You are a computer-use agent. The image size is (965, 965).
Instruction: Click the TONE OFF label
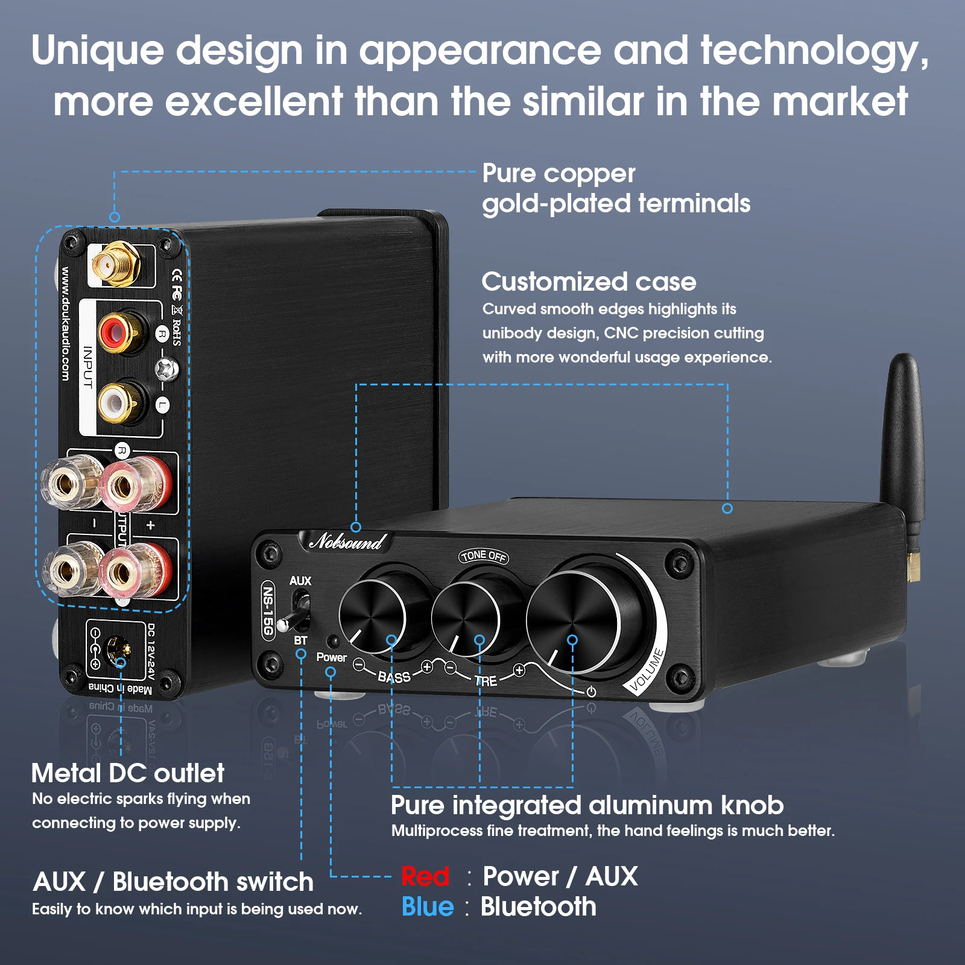[484, 556]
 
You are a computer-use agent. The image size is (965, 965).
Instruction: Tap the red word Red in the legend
[425, 876]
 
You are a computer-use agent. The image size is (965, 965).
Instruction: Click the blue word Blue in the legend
[428, 907]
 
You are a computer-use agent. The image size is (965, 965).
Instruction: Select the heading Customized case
[589, 282]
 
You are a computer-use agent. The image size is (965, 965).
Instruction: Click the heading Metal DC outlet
[128, 773]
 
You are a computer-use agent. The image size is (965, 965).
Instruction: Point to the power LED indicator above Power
[332, 641]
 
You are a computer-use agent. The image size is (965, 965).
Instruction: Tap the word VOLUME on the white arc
[647, 669]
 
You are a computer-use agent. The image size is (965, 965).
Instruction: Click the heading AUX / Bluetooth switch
[174, 882]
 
